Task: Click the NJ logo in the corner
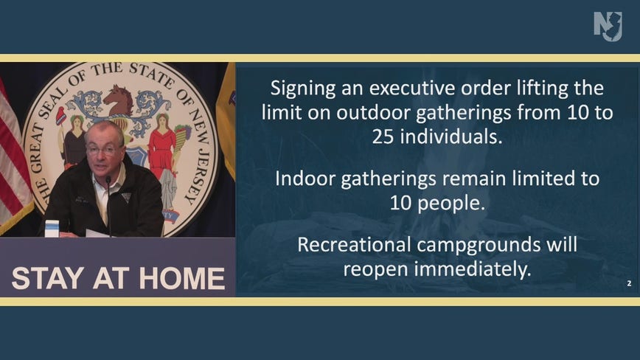click(608, 26)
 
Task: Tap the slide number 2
click(629, 283)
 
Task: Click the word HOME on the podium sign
click(182, 279)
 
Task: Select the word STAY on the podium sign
click(48, 279)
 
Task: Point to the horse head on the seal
click(119, 100)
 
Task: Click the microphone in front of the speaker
click(108, 204)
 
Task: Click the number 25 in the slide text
click(383, 137)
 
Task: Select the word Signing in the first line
click(303, 89)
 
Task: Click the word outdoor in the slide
click(374, 113)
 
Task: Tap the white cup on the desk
click(52, 229)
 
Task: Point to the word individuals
click(451, 137)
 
